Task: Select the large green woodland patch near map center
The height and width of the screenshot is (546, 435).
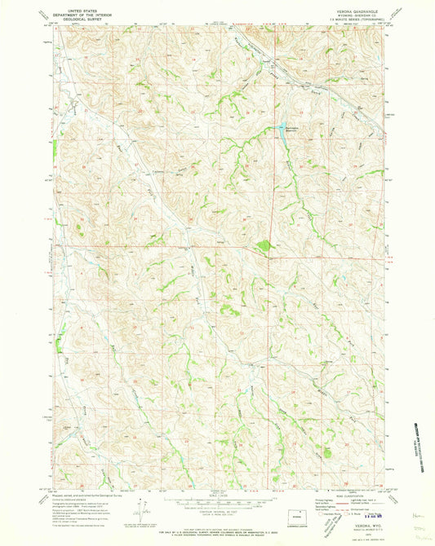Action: click(x=261, y=244)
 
